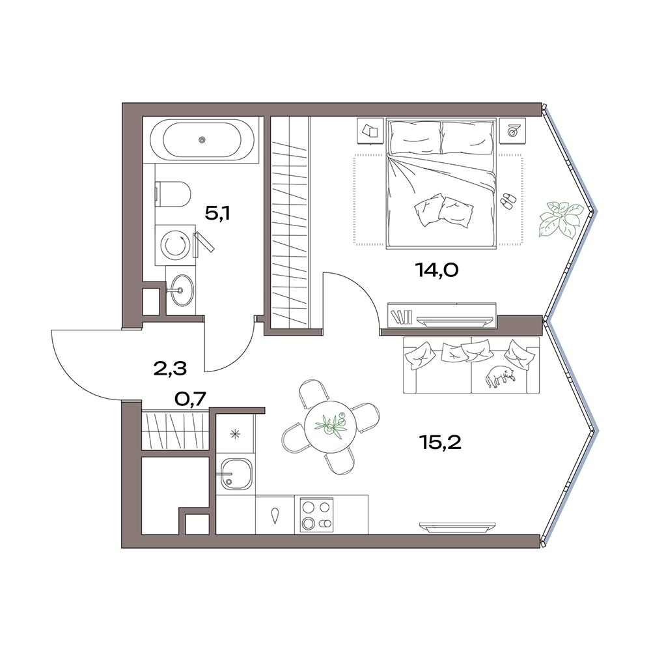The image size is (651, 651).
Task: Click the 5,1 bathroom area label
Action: (217, 214)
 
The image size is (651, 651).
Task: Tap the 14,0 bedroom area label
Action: (436, 270)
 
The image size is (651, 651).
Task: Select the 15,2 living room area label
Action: (440, 443)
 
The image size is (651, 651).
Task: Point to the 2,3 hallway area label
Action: (170, 368)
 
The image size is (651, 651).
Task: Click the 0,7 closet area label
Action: (190, 399)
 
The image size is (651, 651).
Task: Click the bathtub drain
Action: (202, 139)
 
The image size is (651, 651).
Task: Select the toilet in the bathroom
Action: (173, 194)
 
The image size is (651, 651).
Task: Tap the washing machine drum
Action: (175, 245)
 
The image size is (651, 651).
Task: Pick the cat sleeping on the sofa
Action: (500, 376)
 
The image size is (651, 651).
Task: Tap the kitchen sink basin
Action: (236, 475)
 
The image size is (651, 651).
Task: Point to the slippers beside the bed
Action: (507, 200)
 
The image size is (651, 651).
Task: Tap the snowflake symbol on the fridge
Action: (236, 435)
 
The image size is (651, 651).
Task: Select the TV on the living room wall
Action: (457, 527)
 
